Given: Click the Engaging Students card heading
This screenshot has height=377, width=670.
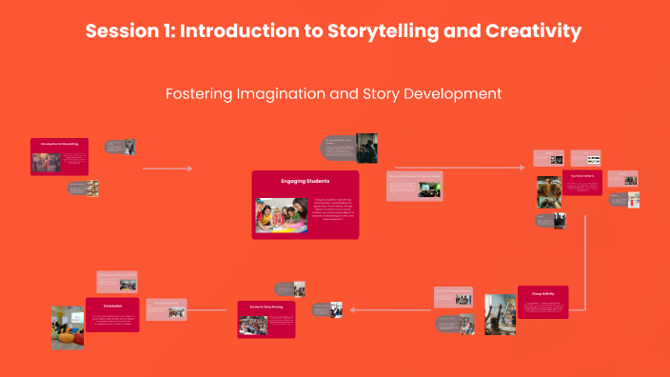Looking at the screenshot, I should tap(305, 180).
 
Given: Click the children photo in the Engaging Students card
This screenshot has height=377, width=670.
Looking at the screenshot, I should tap(282, 215).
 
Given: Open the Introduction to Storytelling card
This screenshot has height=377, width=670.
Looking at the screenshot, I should tap(59, 156).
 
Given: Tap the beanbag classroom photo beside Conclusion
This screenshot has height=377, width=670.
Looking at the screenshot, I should tap(68, 327).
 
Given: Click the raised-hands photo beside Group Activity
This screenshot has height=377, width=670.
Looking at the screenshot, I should tap(500, 314).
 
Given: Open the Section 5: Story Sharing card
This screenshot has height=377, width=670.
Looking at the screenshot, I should tap(266, 320).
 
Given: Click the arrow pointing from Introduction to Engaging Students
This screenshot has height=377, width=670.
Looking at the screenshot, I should tap(167, 169).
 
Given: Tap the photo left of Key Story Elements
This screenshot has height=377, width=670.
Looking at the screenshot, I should tap(548, 190).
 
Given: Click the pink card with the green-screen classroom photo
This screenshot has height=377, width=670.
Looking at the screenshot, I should tap(414, 186).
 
